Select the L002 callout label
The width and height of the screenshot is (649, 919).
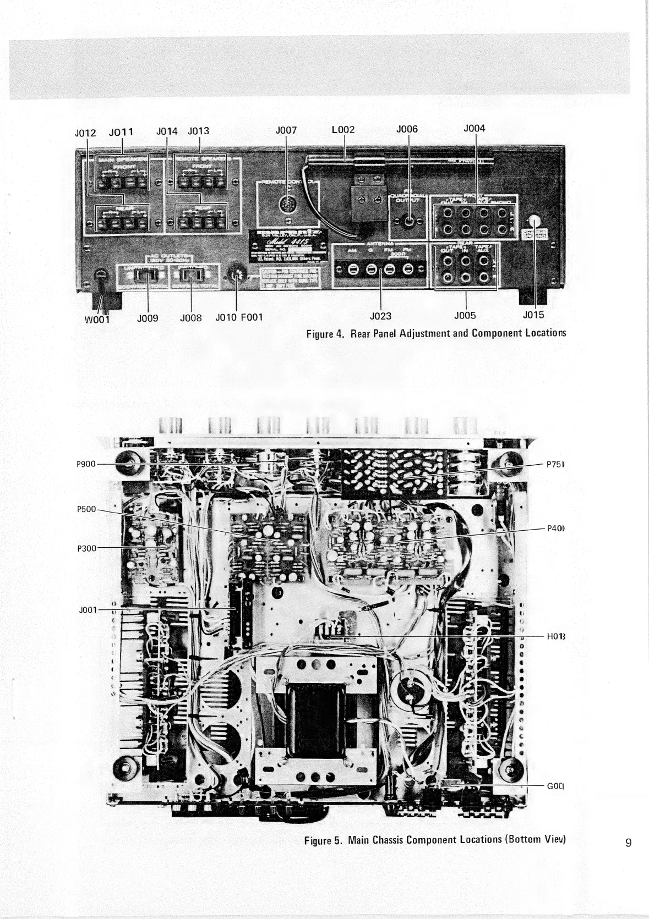click(x=343, y=130)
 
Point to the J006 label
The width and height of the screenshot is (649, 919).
click(x=407, y=129)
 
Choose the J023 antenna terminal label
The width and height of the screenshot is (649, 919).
click(x=381, y=316)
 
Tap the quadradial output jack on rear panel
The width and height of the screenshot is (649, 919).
click(x=409, y=223)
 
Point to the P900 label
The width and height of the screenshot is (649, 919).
click(x=85, y=464)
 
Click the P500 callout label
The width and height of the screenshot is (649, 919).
click(x=85, y=509)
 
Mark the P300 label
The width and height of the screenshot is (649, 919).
click(x=85, y=548)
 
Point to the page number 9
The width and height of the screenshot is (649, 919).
click(x=628, y=857)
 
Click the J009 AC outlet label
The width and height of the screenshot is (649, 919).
click(x=148, y=317)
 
